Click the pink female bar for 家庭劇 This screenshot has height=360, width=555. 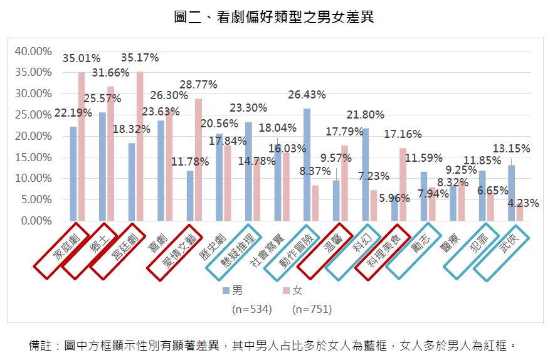pos(82,147)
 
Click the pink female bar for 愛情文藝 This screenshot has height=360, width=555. pos(198,160)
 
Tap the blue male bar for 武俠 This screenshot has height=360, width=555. pos(512,193)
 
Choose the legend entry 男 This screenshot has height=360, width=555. pos(233,291)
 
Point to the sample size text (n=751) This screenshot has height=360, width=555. pos(312,309)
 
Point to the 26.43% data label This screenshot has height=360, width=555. pos(307,95)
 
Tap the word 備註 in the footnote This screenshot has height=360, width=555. pos(41,345)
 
